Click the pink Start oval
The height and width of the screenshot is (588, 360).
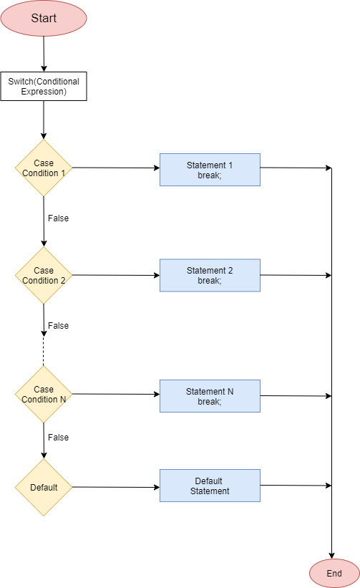(44, 18)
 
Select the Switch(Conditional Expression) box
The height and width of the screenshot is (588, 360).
(44, 87)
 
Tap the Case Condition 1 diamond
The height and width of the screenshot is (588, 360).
(44, 168)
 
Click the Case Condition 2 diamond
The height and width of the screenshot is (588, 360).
(44, 275)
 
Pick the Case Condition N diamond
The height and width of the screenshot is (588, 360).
(44, 395)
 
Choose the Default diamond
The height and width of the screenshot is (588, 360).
(44, 487)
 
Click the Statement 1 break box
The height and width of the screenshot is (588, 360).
(210, 170)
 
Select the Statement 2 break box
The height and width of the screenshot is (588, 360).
(210, 275)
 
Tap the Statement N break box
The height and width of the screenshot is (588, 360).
(210, 396)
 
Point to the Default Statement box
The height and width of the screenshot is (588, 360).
(210, 486)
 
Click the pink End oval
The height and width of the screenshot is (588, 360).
(334, 573)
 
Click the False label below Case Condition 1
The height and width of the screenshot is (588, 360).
(58, 218)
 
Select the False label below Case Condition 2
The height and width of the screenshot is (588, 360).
(58, 325)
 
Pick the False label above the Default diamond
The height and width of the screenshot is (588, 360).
(58, 437)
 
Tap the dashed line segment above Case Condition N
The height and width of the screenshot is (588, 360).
(44, 352)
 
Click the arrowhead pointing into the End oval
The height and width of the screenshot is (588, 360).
(332, 555)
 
